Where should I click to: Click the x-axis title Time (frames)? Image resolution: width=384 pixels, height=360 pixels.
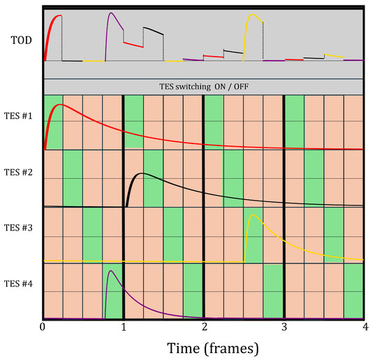point(203,346)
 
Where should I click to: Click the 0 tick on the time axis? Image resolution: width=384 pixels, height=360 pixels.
point(43,326)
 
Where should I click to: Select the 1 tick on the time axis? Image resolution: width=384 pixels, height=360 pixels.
point(124,326)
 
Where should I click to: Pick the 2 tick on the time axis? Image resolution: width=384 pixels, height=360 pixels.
point(204,326)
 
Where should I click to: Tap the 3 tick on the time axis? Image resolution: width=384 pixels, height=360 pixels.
point(284,326)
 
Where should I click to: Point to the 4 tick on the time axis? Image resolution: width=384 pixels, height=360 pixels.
point(364,326)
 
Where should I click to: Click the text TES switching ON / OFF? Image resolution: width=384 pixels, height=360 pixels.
point(203,86)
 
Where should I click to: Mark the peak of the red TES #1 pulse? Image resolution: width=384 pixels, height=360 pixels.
point(60,105)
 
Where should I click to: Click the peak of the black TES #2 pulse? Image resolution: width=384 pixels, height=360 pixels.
point(142,173)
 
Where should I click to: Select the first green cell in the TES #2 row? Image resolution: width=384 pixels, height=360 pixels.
point(73,178)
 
